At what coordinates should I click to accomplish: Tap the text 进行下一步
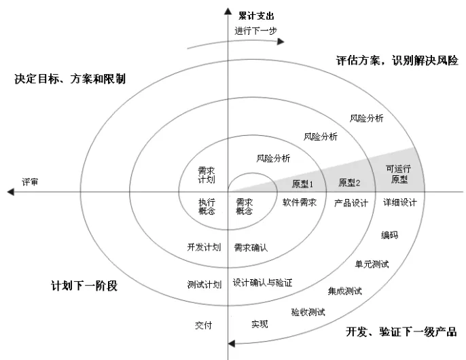pyautogui.click(x=255, y=31)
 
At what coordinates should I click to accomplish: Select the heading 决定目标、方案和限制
pyautogui.click(x=70, y=79)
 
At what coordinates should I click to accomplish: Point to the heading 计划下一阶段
pyautogui.click(x=84, y=285)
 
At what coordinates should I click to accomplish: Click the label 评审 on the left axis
pyautogui.click(x=30, y=182)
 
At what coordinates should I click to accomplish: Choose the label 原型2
pyautogui.click(x=349, y=183)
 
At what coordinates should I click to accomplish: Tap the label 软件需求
pyautogui.click(x=300, y=202)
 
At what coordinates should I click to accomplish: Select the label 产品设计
pyautogui.click(x=351, y=202)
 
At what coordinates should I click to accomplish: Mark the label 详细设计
pyautogui.click(x=399, y=202)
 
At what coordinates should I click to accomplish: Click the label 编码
pyautogui.click(x=389, y=235)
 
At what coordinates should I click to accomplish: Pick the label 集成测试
pyautogui.click(x=344, y=291)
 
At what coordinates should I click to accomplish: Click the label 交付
pyautogui.click(x=204, y=325)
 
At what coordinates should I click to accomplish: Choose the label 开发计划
pyautogui.click(x=204, y=247)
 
